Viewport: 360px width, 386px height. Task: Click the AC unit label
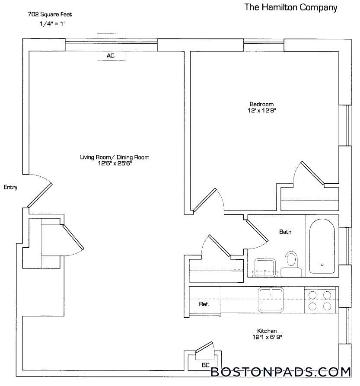(x=111, y=56)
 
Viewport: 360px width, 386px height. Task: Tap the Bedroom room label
(x=261, y=104)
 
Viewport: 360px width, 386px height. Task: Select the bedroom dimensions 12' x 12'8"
(x=262, y=111)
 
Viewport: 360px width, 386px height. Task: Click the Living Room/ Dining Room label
(x=115, y=157)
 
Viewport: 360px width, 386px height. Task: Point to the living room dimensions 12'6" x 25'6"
(x=115, y=164)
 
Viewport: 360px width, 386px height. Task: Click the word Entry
(x=10, y=187)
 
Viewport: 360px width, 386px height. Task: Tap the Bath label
(x=285, y=232)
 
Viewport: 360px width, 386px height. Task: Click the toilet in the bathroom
(x=291, y=262)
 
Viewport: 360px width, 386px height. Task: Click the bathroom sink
(x=264, y=267)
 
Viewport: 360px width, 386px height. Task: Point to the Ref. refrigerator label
(x=204, y=304)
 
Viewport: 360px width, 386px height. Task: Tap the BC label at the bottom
(x=206, y=365)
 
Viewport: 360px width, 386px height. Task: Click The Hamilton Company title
(x=291, y=7)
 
